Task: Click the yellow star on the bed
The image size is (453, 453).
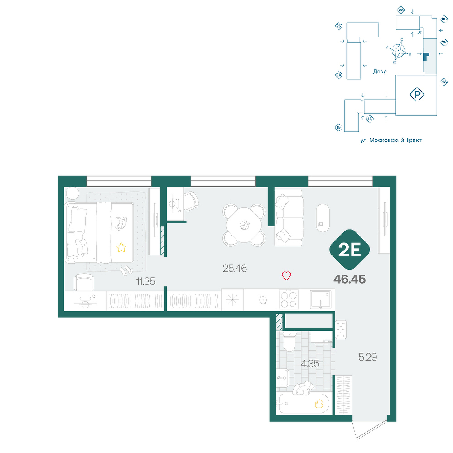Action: [121, 247]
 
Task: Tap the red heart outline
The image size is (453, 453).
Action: [286, 275]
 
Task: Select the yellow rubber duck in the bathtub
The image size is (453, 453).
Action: [319, 404]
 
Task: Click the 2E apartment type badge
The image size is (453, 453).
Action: [350, 250]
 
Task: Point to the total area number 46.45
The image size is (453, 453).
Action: [350, 279]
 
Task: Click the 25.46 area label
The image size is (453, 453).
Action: [235, 268]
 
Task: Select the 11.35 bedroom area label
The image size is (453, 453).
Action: [145, 281]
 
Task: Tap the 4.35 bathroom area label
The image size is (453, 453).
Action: [310, 364]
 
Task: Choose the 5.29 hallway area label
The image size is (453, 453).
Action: [368, 357]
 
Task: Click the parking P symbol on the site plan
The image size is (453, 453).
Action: [417, 95]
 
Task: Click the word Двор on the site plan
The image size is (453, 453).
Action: [380, 72]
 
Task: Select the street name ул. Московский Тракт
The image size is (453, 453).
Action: [391, 140]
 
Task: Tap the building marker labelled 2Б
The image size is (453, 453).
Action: [338, 27]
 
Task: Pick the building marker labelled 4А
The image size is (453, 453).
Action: [444, 82]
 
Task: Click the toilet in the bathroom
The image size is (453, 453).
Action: [289, 341]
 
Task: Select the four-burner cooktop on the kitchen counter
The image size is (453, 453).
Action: [289, 299]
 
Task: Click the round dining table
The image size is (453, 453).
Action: [244, 225]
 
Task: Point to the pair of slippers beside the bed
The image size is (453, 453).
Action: [126, 271]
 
